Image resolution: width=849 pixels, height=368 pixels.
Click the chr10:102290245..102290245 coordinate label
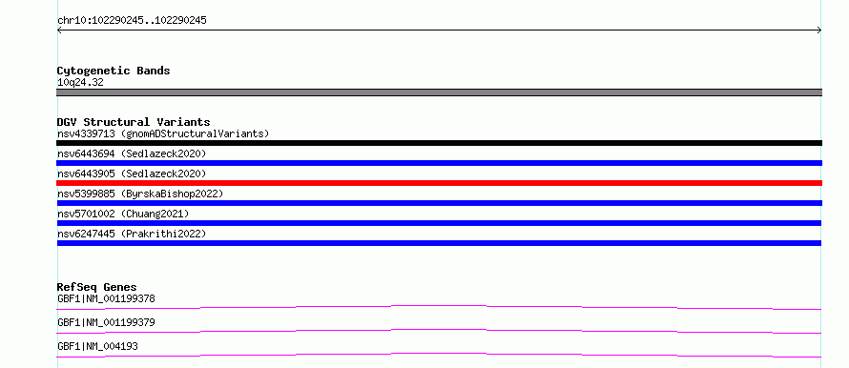[x=132, y=21]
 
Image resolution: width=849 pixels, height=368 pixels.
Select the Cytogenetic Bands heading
[x=114, y=71]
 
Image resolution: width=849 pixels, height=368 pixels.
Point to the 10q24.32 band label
[x=80, y=83]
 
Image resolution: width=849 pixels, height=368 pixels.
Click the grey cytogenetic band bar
[x=439, y=92]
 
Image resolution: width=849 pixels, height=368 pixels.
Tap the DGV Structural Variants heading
[x=134, y=122]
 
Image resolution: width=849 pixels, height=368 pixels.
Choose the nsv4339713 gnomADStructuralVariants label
[x=163, y=133]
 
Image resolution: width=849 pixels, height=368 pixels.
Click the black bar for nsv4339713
[x=439, y=143]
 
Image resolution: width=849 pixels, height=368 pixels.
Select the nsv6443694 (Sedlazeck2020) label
[x=132, y=153]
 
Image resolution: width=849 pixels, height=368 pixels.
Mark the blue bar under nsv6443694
[x=439, y=163]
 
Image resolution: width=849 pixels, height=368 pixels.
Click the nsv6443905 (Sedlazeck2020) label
[x=132, y=174]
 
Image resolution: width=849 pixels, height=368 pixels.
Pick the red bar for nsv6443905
[x=439, y=183]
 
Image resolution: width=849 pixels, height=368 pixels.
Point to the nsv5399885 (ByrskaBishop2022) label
[x=140, y=194]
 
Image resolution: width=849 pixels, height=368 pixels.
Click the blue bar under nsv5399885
[x=439, y=203]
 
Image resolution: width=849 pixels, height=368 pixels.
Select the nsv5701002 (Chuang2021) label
[x=123, y=214]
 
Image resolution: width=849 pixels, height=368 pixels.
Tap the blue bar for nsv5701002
[x=439, y=223]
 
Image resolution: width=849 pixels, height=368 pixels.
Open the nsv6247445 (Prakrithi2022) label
[x=132, y=234]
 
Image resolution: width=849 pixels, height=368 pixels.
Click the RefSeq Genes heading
[x=97, y=287]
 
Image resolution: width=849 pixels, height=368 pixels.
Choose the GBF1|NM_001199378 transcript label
[x=106, y=298]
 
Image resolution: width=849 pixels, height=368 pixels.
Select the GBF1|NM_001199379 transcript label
[x=106, y=322]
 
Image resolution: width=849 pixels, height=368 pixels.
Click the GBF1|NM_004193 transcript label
[x=97, y=346]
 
